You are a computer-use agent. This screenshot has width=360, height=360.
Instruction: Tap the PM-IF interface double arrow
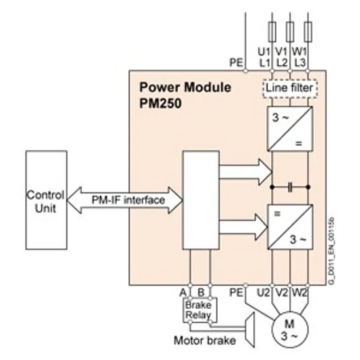[125, 200]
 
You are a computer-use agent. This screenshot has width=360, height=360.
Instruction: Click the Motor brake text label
[205, 340]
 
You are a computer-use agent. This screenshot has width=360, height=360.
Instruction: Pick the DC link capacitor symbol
[290, 187]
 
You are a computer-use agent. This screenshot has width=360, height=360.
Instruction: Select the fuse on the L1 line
[272, 31]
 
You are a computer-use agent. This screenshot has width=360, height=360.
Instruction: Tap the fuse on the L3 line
[308, 31]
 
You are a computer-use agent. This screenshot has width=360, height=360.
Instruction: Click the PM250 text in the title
[161, 103]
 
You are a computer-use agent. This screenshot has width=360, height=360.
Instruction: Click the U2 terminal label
[263, 292]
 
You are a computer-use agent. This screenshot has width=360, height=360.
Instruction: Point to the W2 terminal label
[299, 292]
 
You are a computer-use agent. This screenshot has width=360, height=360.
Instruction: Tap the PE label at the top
[236, 63]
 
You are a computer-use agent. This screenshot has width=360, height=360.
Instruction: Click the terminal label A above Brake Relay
[183, 292]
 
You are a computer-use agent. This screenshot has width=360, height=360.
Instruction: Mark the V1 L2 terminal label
[281, 57]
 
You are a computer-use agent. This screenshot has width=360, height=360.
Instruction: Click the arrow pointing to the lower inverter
[243, 227]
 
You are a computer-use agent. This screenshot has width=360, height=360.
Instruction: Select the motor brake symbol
[249, 330]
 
